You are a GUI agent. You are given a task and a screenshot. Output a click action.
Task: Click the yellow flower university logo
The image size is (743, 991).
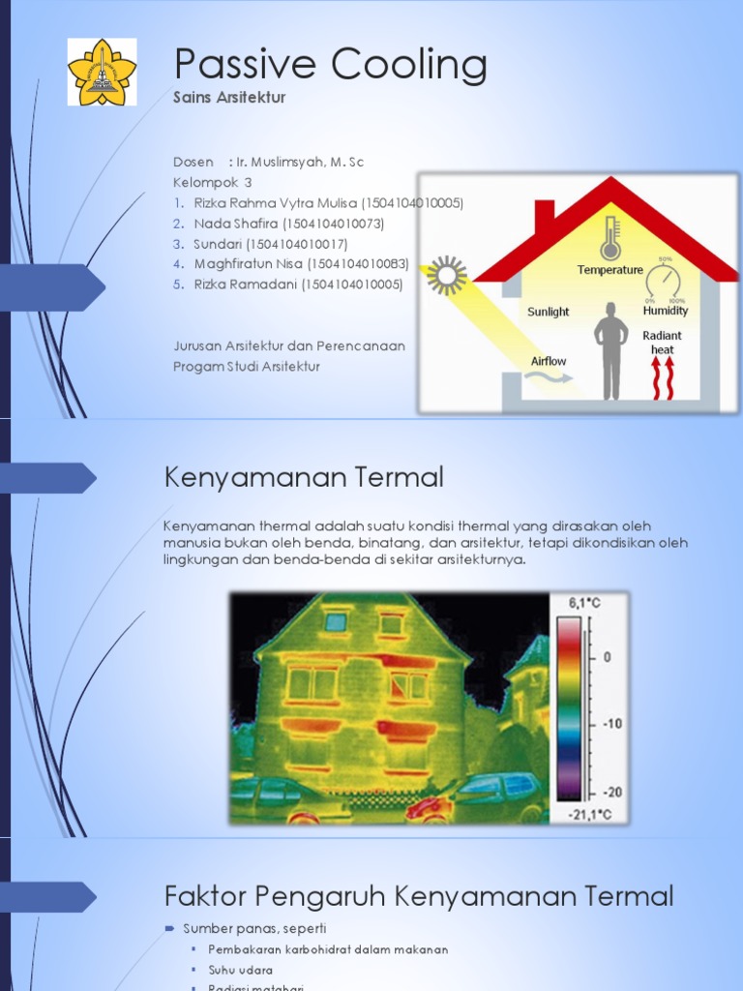pyautogui.click(x=102, y=72)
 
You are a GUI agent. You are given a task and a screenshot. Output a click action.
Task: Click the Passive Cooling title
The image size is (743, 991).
pyautogui.click(x=330, y=65)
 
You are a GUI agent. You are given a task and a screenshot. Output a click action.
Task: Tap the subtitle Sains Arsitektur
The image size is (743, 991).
pyautogui.click(x=228, y=98)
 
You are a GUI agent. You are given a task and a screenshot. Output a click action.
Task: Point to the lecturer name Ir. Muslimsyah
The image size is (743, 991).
pyautogui.click(x=300, y=162)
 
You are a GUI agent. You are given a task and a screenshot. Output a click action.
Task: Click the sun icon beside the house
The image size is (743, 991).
pyautogui.click(x=447, y=275)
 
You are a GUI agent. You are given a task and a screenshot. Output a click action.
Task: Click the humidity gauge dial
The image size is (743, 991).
pyautogui.click(x=665, y=283)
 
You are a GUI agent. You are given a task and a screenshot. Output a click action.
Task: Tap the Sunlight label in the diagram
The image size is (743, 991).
pyautogui.click(x=548, y=312)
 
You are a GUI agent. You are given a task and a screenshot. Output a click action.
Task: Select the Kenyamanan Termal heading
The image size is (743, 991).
pyautogui.click(x=303, y=477)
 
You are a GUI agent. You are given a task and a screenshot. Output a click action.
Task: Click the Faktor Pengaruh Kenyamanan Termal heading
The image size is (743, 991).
pyautogui.click(x=418, y=896)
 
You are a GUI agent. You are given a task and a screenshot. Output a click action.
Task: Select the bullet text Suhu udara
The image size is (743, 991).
pyautogui.click(x=240, y=969)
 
